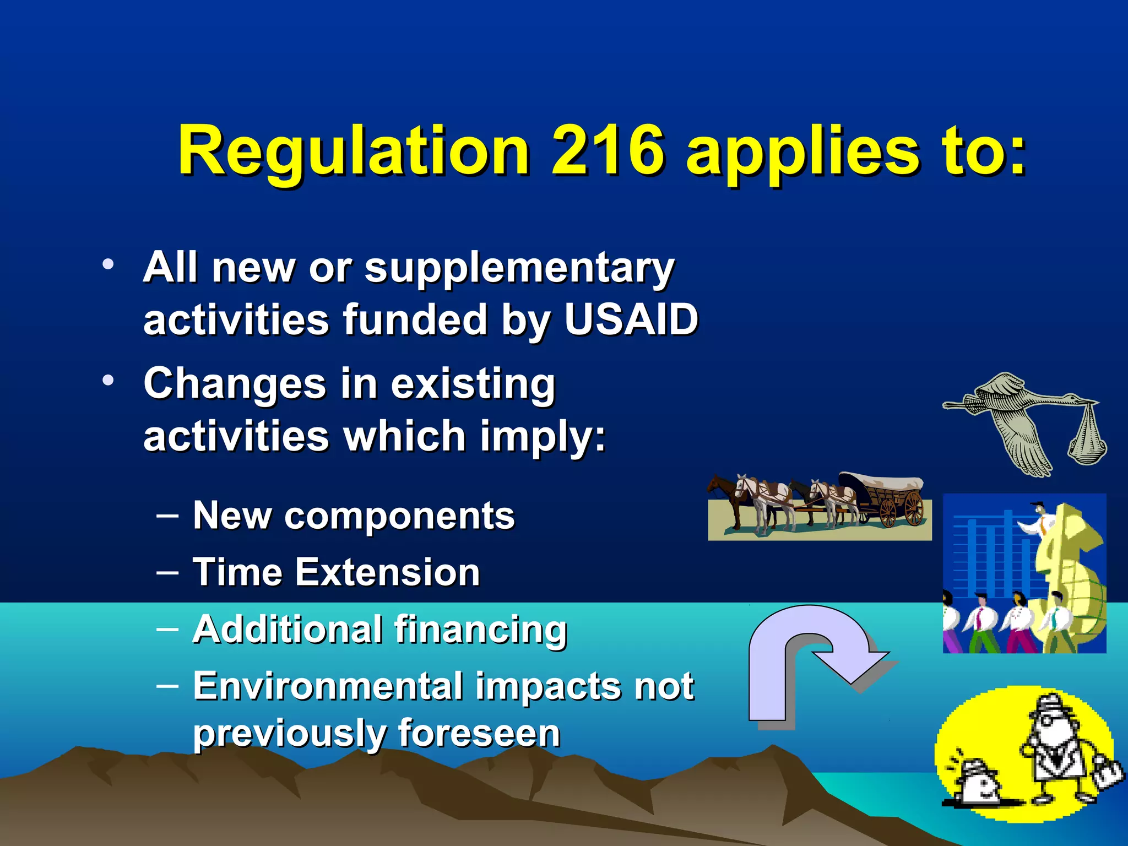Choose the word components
(x=399, y=516)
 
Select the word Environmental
(x=328, y=686)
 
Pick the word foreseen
(x=479, y=733)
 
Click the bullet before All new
(x=108, y=264)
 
